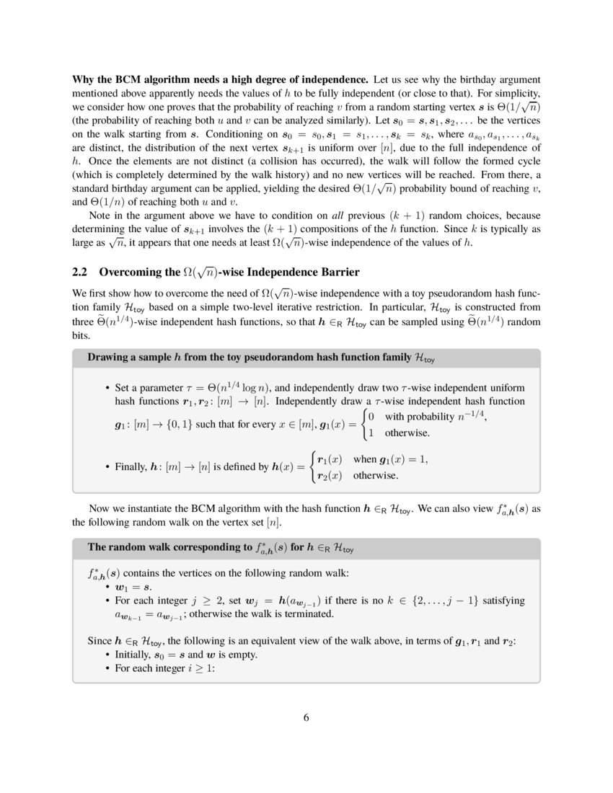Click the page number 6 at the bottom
point(306,717)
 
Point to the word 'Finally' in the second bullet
point(131,467)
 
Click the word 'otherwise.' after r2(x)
point(376,476)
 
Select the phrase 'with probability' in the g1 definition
point(419,417)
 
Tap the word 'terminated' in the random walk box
point(310,614)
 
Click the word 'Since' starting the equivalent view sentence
point(99,641)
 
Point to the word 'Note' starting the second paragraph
point(100,216)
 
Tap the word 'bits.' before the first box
point(81,337)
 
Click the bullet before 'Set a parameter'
point(108,388)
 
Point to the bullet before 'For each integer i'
point(108,668)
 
